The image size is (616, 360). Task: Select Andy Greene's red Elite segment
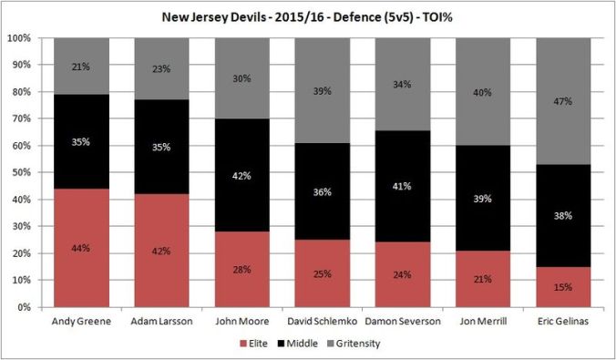pyautogui.click(x=80, y=248)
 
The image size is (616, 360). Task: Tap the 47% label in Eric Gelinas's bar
pyautogui.click(x=563, y=102)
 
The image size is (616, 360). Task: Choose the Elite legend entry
pyautogui.click(x=258, y=344)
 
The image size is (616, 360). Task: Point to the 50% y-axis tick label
pyautogui.click(x=21, y=172)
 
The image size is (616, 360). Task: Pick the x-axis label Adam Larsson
pyautogui.click(x=160, y=322)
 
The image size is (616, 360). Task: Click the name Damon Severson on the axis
pyautogui.click(x=401, y=322)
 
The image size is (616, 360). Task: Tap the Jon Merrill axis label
pyautogui.click(x=482, y=322)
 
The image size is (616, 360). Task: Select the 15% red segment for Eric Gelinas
pyautogui.click(x=563, y=287)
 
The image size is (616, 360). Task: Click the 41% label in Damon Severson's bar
pyautogui.click(x=401, y=187)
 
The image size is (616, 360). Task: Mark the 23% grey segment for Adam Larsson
pyautogui.click(x=160, y=68)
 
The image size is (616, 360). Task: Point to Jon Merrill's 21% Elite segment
pyautogui.click(x=482, y=279)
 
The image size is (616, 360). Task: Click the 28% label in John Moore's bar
pyautogui.click(x=241, y=269)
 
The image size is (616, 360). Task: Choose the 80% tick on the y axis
pyautogui.click(x=21, y=92)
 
